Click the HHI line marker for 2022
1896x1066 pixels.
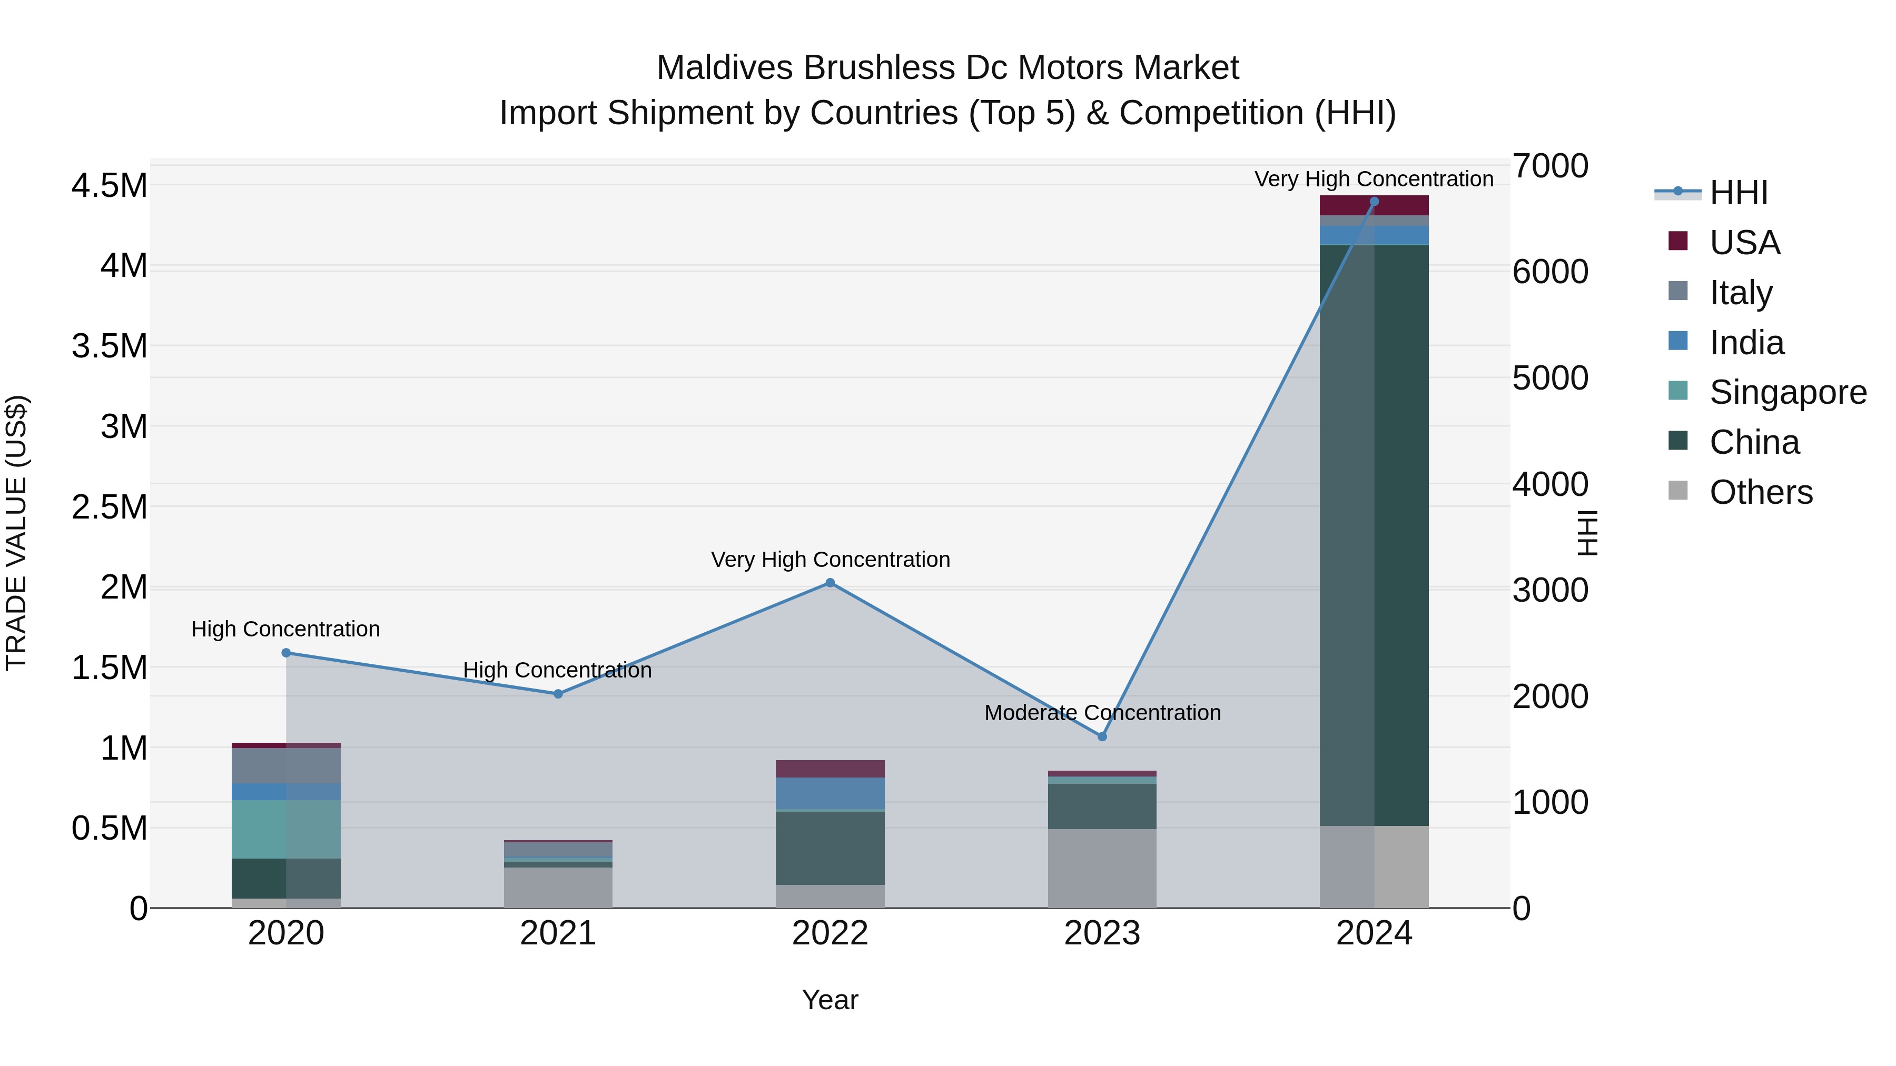point(829,583)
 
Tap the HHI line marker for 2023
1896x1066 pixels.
point(1102,736)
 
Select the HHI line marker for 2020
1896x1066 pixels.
point(287,653)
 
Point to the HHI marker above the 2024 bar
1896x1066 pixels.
point(1374,202)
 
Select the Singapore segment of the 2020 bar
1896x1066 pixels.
point(287,829)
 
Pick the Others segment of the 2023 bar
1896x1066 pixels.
point(1102,868)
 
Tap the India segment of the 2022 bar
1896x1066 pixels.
point(829,793)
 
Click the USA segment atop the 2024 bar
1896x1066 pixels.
point(1374,205)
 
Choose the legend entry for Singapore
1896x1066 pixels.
point(1787,392)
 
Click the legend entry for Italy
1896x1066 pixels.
point(1740,293)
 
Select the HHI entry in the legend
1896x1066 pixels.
point(1738,193)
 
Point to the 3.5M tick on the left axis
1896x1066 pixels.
point(109,346)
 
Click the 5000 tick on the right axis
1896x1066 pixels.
point(1550,378)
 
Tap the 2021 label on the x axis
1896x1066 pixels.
point(558,933)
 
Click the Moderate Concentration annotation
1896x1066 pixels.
point(1102,713)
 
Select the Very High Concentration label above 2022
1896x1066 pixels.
point(829,560)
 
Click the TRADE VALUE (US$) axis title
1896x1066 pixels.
point(16,533)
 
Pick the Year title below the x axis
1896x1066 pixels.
point(829,1000)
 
